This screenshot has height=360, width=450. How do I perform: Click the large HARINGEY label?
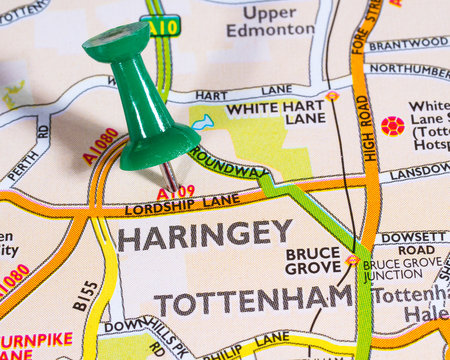[205, 236]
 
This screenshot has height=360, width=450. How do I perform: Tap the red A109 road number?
[176, 191]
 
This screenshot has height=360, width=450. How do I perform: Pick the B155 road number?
[87, 295]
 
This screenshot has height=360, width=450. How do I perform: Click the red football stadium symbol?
[392, 126]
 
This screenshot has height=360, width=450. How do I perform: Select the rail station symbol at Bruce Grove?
[352, 260]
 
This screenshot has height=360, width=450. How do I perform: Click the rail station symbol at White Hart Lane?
[332, 96]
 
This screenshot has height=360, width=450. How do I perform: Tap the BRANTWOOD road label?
[408, 44]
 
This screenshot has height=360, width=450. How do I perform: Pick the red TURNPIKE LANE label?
[30, 346]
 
